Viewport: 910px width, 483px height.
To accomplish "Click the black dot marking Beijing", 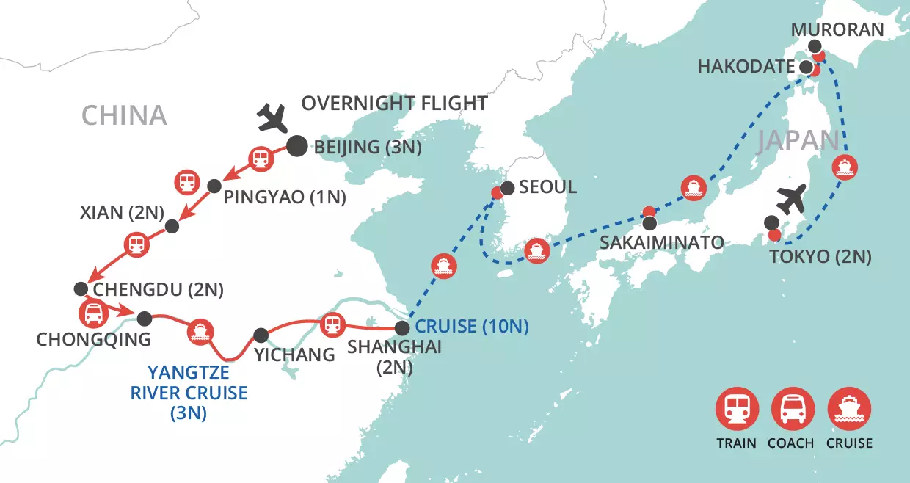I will [296, 146].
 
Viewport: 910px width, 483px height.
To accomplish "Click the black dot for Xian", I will [172, 226].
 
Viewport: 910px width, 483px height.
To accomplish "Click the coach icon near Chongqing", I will [94, 315].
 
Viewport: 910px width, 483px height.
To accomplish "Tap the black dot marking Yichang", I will [261, 335].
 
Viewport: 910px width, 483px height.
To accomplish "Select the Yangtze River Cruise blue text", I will [189, 393].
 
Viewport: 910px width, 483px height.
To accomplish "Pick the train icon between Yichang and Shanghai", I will [332, 324].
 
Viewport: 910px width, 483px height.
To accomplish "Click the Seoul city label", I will [547, 186].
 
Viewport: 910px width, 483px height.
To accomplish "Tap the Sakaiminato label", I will [661, 241].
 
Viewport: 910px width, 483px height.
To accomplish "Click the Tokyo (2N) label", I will [820, 256].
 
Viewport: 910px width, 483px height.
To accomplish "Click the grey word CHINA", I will [124, 115].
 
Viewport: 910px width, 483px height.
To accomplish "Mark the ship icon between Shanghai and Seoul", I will [444, 266].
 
